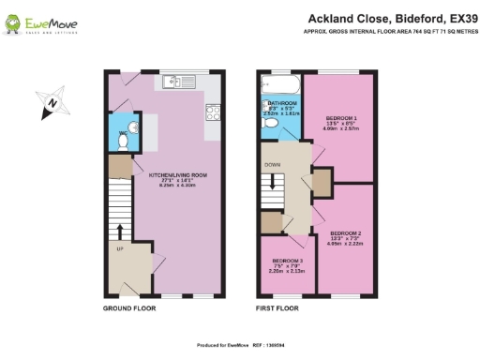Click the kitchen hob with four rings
click(x=213, y=113)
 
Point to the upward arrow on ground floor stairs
click(x=120, y=230)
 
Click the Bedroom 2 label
click(x=345, y=234)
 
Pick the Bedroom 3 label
click(x=287, y=263)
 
